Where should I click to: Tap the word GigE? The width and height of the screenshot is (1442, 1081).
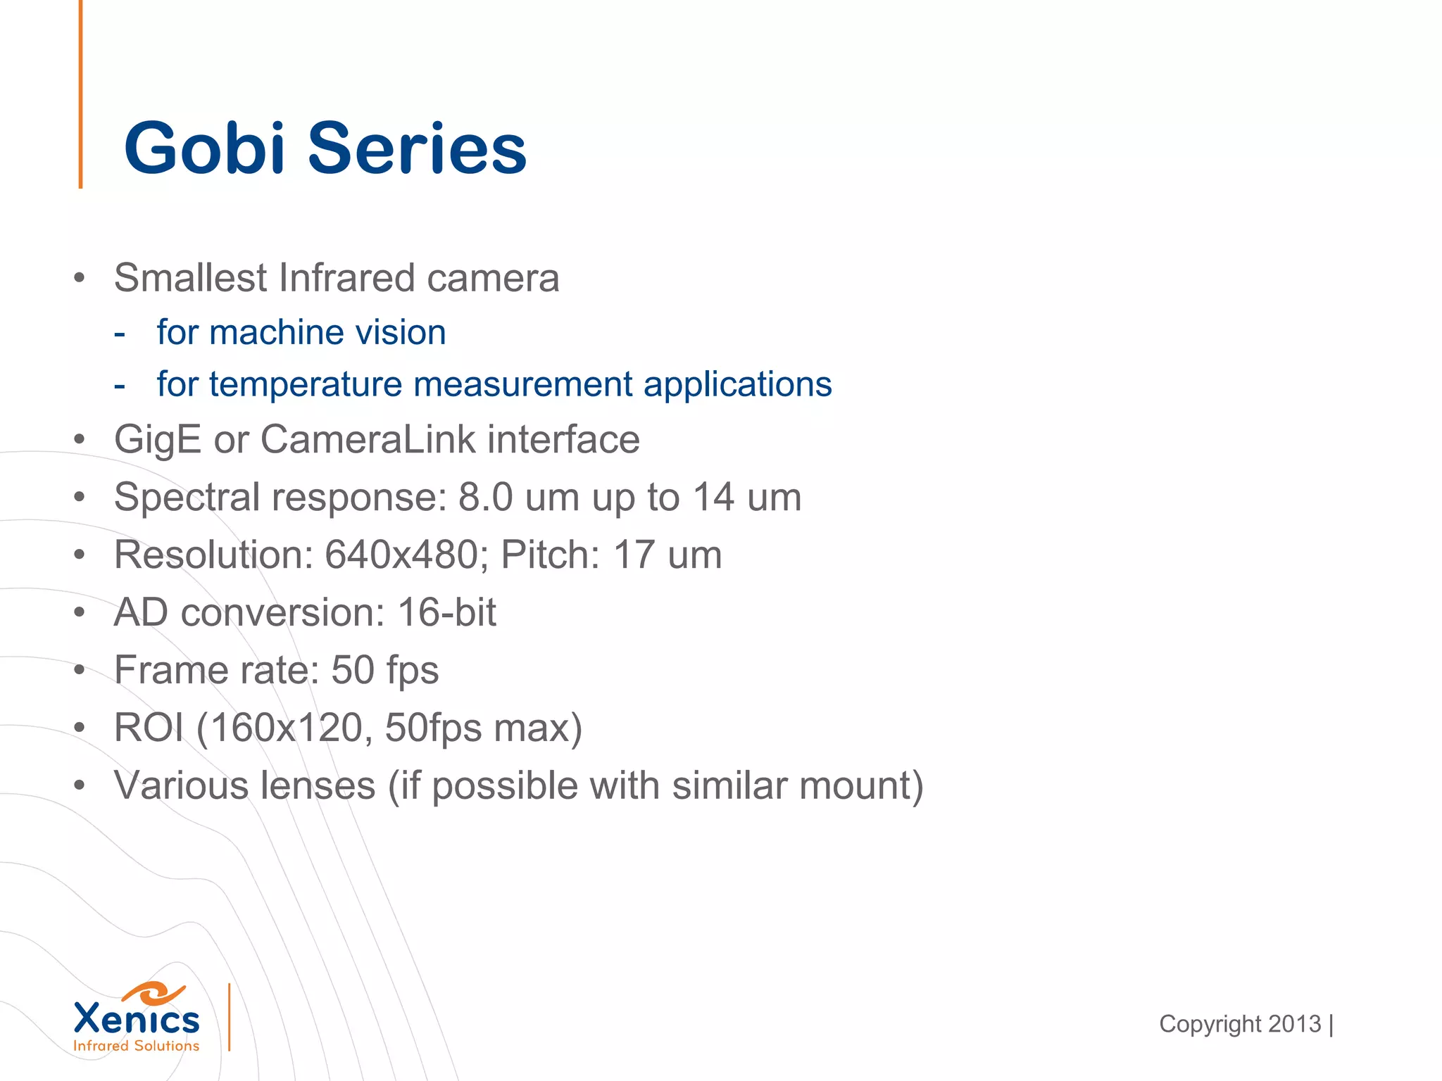point(158,440)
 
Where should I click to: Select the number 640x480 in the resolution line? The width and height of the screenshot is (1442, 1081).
point(402,555)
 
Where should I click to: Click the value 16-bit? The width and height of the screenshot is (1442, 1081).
point(447,612)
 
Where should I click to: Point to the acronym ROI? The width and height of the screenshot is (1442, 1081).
point(149,728)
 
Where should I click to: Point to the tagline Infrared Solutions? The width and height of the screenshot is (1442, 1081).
point(137,1047)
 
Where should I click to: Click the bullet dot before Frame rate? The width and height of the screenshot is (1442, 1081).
point(80,670)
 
